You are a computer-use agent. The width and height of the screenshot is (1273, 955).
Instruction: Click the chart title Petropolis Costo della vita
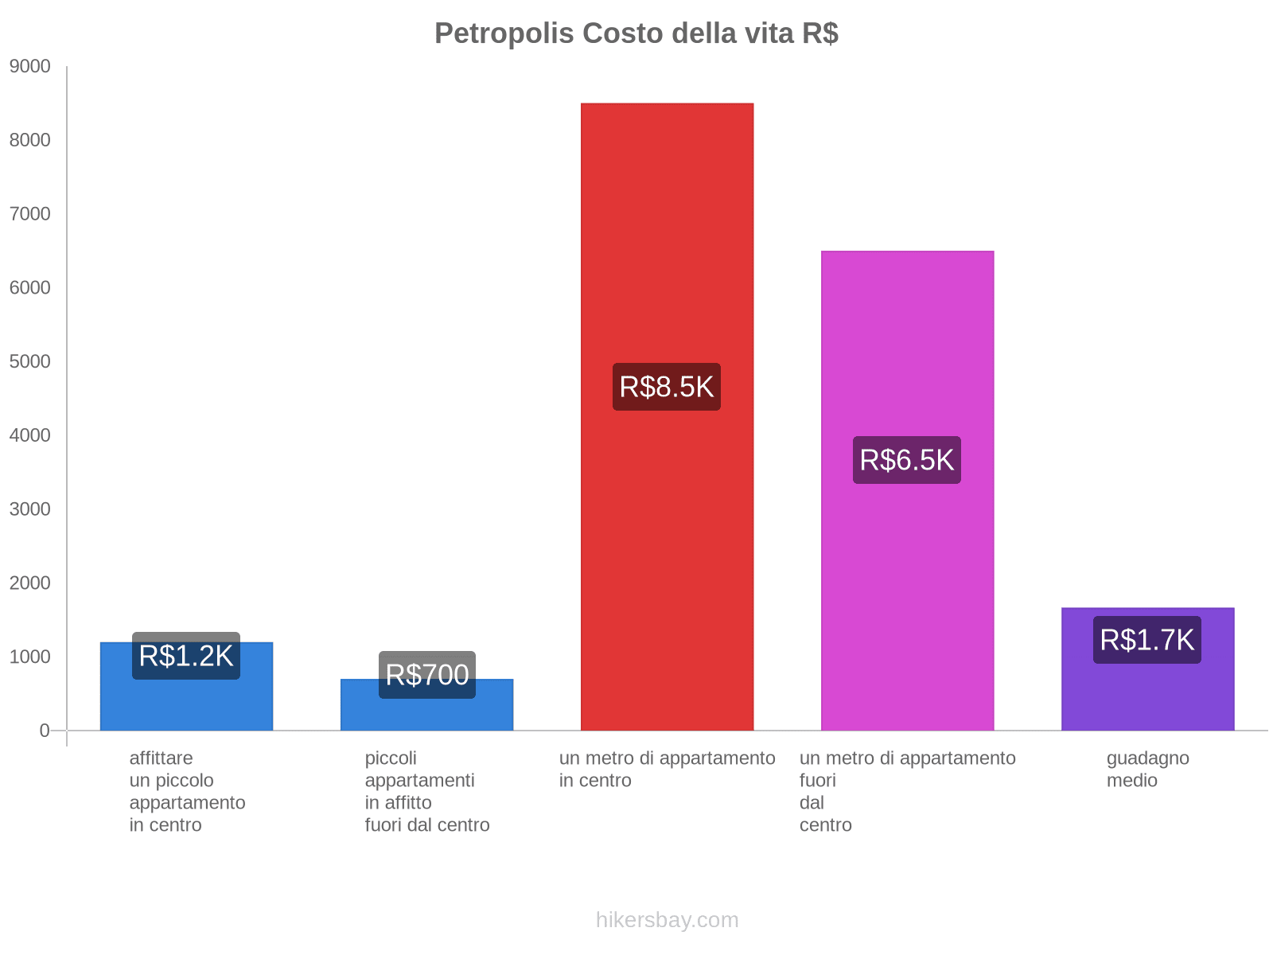point(636,33)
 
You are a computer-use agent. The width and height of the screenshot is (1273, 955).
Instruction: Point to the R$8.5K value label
point(667,387)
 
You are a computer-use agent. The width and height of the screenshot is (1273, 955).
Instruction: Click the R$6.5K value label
point(907,460)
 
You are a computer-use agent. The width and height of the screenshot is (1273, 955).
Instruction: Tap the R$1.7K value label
point(1147,640)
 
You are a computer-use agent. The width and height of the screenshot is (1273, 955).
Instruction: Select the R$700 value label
point(426,675)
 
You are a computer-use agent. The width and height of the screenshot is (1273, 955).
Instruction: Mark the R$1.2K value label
point(186,656)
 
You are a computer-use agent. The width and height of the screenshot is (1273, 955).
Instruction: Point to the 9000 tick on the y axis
point(30,67)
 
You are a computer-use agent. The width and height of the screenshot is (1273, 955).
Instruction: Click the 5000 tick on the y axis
point(30,362)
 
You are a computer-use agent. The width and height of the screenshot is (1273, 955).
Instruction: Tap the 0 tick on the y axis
point(45,731)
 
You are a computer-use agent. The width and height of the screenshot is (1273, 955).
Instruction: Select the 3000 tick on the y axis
point(30,509)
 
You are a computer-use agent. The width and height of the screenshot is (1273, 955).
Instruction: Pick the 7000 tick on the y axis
point(30,214)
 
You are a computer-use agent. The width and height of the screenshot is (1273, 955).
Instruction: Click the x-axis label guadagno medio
point(1147,769)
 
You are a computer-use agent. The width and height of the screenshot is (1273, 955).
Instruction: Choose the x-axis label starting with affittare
point(187,791)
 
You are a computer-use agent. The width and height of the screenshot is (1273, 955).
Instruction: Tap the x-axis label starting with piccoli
point(427,791)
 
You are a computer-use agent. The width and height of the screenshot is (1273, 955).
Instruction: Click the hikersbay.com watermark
point(667,920)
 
